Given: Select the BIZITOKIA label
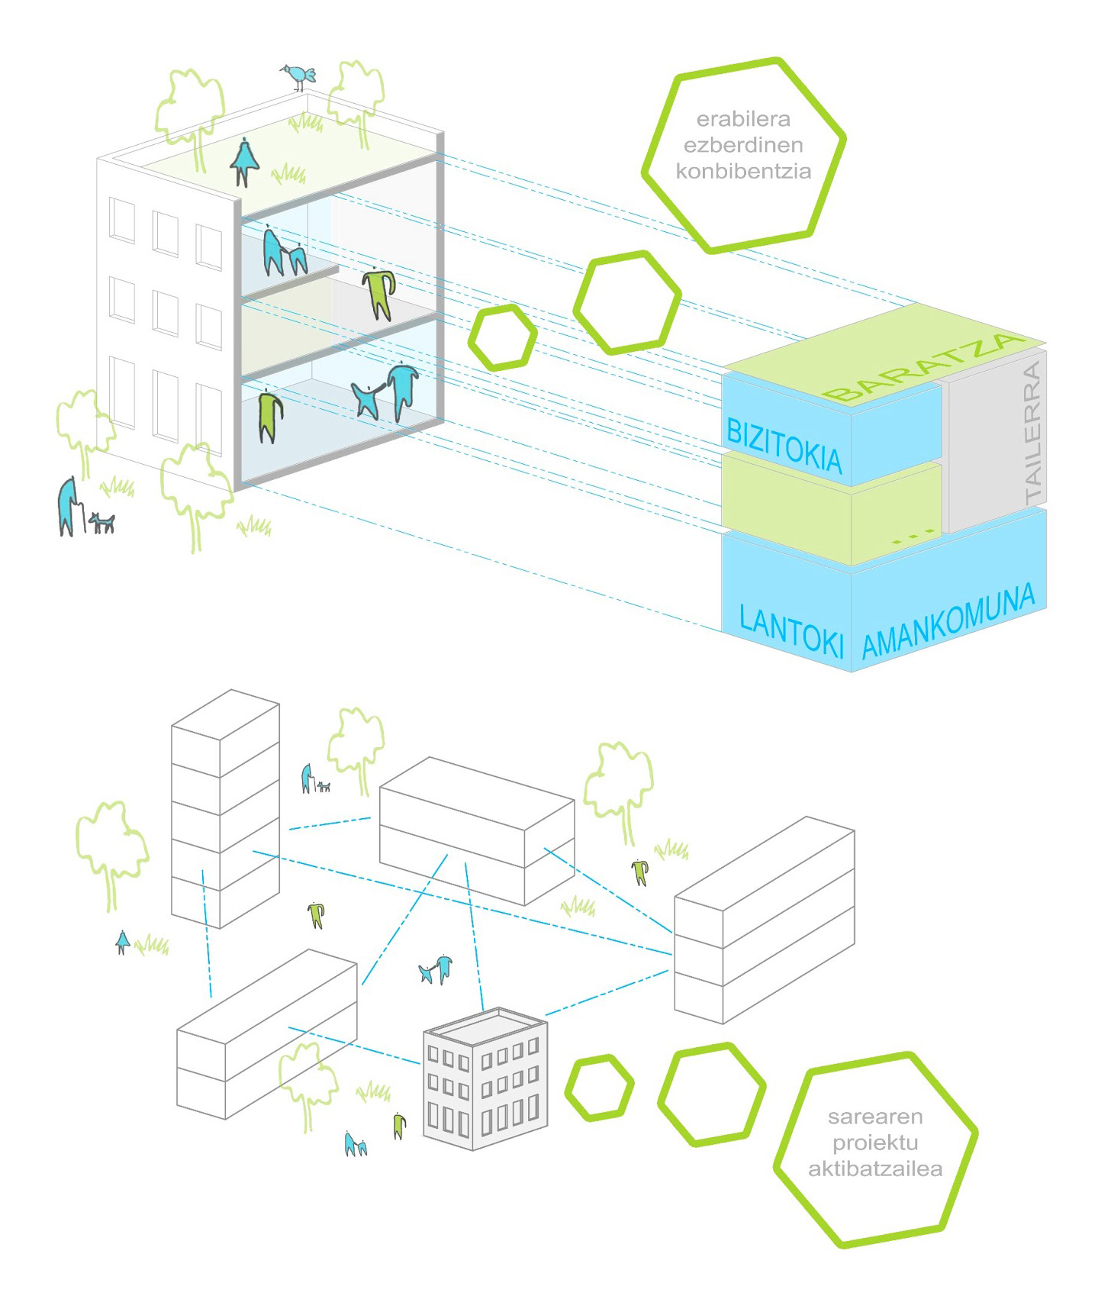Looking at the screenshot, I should [x=784, y=445].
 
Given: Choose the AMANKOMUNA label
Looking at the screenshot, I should [x=948, y=622].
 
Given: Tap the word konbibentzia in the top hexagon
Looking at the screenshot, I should [x=742, y=171].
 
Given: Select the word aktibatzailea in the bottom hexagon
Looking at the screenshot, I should [x=874, y=1168].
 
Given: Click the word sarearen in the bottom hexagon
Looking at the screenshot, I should [x=874, y=1117].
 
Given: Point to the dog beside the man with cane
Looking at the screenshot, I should [x=101, y=522].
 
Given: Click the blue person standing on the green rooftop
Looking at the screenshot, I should [x=244, y=160].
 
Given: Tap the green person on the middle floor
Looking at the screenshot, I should [x=378, y=292].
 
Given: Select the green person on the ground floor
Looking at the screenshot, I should [x=269, y=416].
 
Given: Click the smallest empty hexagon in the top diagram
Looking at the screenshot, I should [x=503, y=337].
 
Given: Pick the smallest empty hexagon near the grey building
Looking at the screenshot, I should [x=600, y=1088].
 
